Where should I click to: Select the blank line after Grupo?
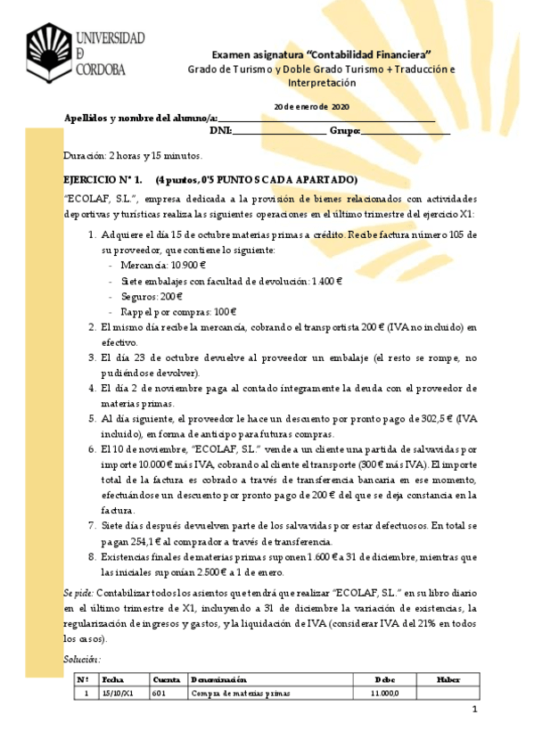(x=405, y=132)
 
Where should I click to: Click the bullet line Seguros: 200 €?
(x=152, y=296)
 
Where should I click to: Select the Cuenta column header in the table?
(x=167, y=679)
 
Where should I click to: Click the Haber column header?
(x=448, y=679)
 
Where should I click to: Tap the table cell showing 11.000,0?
(x=384, y=693)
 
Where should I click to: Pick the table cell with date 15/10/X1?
(x=118, y=693)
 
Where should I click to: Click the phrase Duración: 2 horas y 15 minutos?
(x=133, y=156)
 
